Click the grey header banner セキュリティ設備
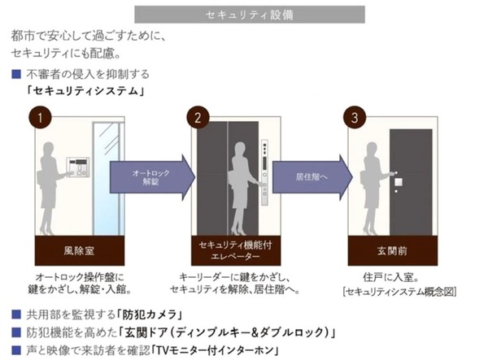[x=250, y=15]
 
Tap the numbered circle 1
[x=40, y=118]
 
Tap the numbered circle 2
[x=198, y=118]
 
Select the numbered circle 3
[x=355, y=118]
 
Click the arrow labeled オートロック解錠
[x=152, y=177]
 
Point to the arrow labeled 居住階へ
[x=312, y=177]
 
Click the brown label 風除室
[x=80, y=250]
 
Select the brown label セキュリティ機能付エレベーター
[x=236, y=250]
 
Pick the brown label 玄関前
[x=393, y=250]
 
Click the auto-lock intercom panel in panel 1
[x=78, y=167]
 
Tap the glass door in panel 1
[x=107, y=179]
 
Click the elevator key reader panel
[x=264, y=172]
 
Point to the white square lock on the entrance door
[x=399, y=182]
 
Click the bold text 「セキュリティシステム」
[x=85, y=91]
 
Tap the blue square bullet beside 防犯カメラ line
[x=16, y=314]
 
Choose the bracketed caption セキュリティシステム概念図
[x=399, y=292]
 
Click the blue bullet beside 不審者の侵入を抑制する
[x=16, y=74]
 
